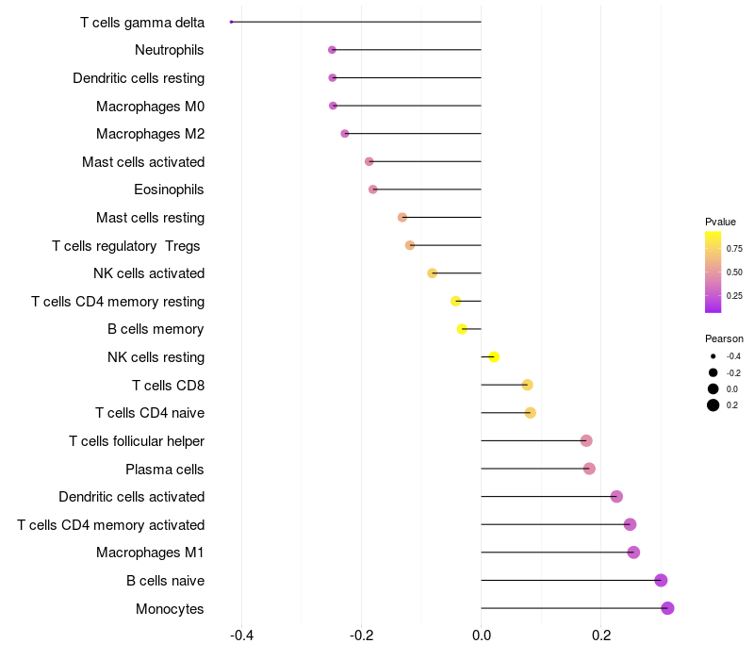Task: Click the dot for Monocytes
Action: click(667, 608)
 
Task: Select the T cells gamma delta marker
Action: click(231, 22)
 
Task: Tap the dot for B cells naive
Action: click(661, 581)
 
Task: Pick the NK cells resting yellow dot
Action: click(493, 357)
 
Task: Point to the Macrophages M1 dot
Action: click(633, 553)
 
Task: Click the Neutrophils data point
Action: click(332, 50)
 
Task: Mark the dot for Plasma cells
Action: click(589, 469)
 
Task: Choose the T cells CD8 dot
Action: click(527, 385)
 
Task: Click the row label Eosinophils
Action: click(169, 190)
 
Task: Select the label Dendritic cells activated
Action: click(131, 497)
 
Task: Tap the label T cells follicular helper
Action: click(137, 441)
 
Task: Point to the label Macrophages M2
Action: click(150, 134)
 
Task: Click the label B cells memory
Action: click(156, 329)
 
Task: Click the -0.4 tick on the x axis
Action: click(241, 635)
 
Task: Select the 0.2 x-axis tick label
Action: click(601, 635)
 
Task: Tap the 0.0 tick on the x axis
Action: click(481, 635)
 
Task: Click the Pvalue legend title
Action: click(720, 222)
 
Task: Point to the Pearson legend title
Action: click(724, 338)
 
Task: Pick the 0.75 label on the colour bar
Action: click(734, 248)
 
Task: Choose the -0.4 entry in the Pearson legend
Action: click(733, 356)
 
